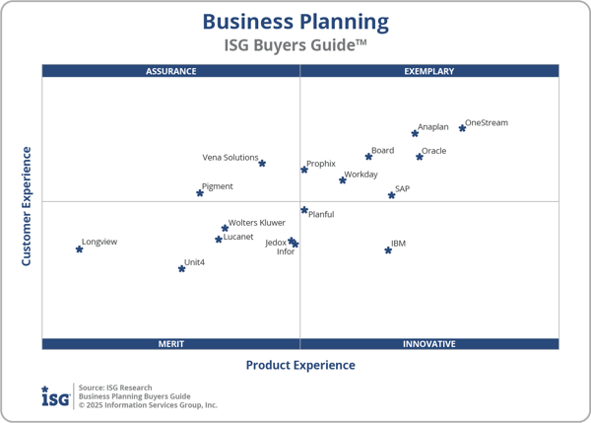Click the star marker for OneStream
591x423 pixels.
[x=462, y=128]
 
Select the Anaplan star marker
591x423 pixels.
[x=415, y=133]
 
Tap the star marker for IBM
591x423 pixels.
[x=388, y=250]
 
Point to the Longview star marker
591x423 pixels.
[x=79, y=249]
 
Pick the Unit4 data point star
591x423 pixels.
[x=181, y=268]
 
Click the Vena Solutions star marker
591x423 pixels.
[x=262, y=164]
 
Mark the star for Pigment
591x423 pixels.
[x=200, y=193]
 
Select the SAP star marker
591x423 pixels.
[x=391, y=195]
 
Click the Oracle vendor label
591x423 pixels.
[x=433, y=151]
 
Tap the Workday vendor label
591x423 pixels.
[x=361, y=174]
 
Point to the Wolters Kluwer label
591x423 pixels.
[x=257, y=223]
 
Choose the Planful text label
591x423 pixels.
[x=321, y=214]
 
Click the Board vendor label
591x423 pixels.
[x=382, y=151]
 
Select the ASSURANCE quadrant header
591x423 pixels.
[x=171, y=71]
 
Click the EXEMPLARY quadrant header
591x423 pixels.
[x=429, y=71]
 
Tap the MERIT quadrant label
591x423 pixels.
[x=171, y=344]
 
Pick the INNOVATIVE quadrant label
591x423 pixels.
[x=429, y=344]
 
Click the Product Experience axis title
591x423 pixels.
[x=300, y=365]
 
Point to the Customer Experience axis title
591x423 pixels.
[x=27, y=206]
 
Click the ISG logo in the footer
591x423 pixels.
[x=55, y=396]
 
